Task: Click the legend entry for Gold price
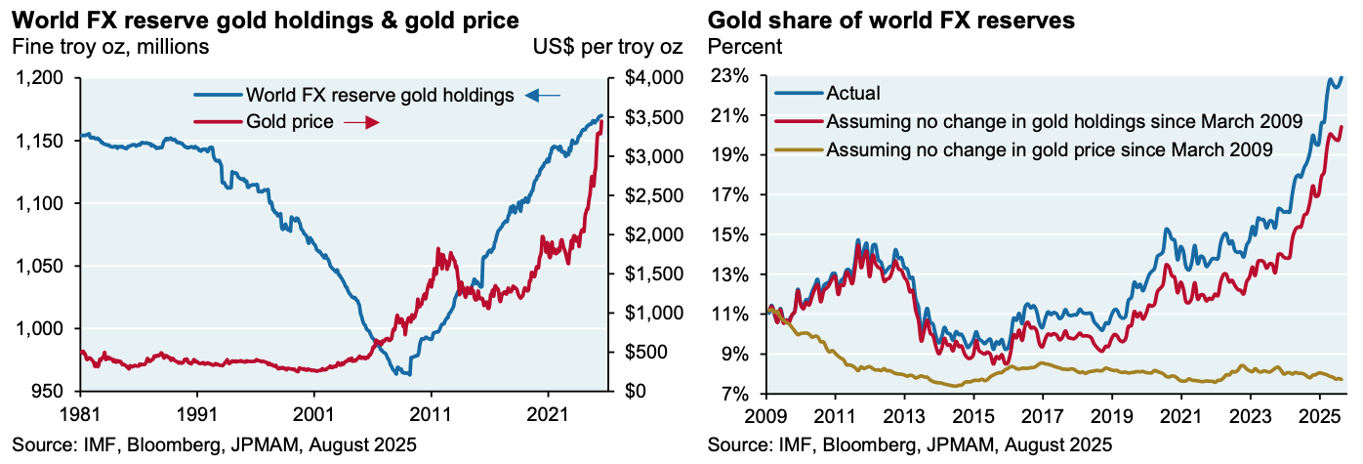291,121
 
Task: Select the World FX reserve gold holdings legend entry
380,95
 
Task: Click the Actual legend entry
852,94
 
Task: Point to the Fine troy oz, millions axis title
109,45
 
